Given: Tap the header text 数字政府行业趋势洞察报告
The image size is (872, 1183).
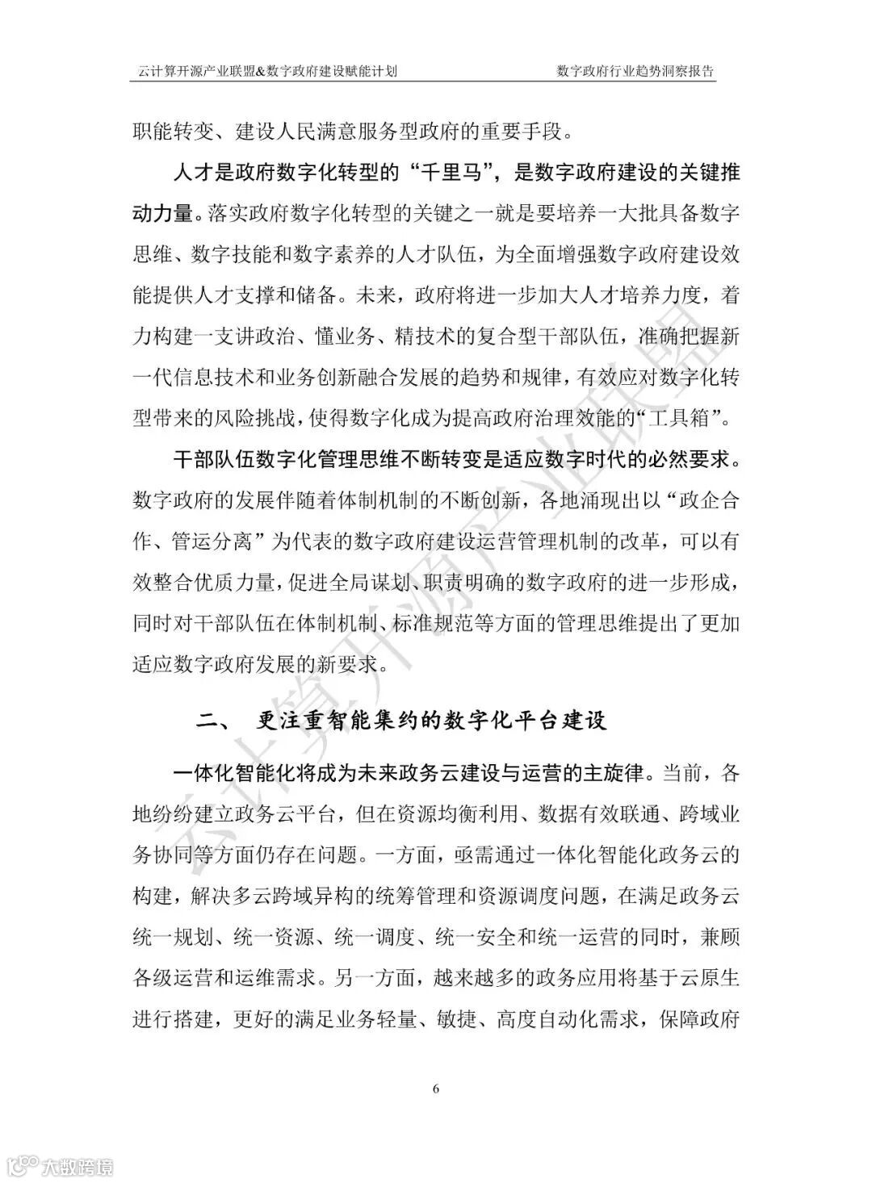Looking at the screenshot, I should (x=635, y=71).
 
